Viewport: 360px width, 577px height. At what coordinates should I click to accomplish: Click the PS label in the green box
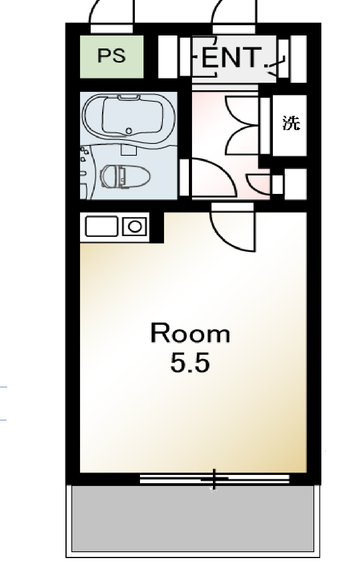pos(112,56)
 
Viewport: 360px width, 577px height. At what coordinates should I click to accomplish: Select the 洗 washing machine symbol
pos(291,123)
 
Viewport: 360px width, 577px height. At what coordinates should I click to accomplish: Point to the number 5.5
pos(190,363)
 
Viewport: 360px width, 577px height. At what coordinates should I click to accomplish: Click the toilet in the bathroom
pos(125,177)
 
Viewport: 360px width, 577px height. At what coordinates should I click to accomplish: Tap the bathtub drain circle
pos(129,131)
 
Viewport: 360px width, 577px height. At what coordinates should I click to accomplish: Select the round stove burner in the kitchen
pos(135,227)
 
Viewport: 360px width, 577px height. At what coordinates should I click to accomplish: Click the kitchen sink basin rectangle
pos(101,226)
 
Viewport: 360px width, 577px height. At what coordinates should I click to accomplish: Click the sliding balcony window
pos(215,479)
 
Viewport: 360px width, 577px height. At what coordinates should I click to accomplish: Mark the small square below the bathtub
pos(129,150)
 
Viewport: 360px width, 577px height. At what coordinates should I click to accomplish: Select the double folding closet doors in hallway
pos(242,125)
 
